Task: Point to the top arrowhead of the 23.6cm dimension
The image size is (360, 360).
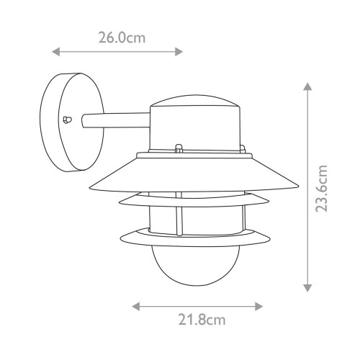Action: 307,87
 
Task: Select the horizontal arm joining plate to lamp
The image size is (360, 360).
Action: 115,122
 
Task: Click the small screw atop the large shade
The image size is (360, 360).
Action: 176,150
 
